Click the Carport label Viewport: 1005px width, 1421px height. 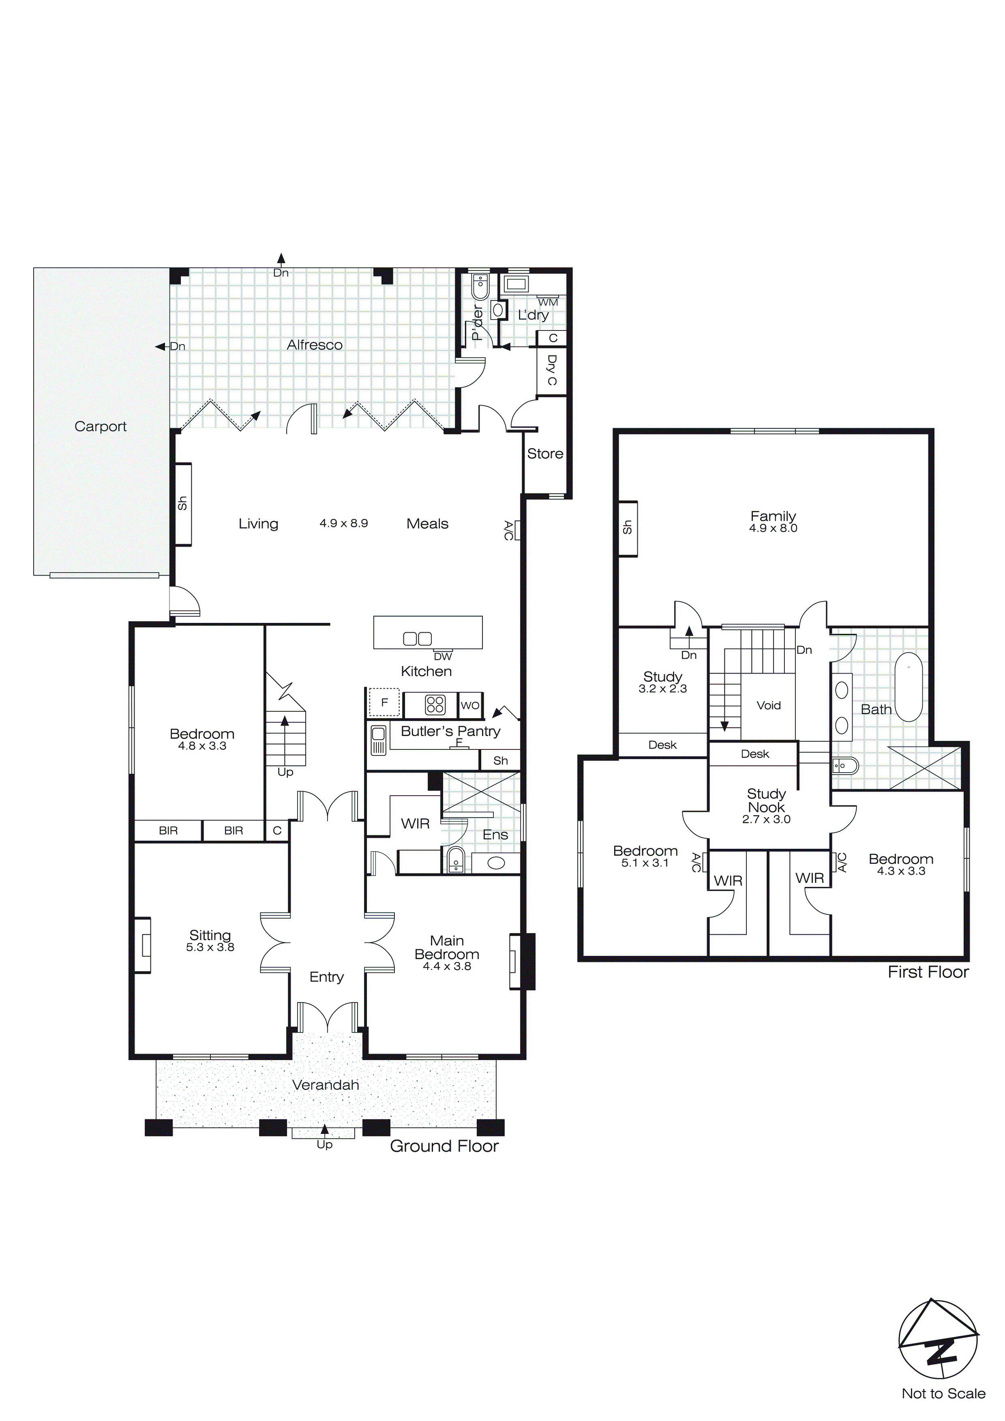[100, 427]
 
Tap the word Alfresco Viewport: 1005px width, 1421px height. [314, 345]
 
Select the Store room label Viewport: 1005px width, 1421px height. [544, 454]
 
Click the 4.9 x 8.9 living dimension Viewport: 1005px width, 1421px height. [343, 523]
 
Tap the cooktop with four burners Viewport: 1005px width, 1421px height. [435, 704]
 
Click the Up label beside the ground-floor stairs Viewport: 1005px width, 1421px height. [285, 773]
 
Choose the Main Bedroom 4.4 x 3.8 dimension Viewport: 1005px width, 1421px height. [447, 966]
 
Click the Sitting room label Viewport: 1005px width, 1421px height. [210, 935]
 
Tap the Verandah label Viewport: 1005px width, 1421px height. [326, 1085]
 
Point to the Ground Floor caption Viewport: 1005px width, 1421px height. [444, 1146]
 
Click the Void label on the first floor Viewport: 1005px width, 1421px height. [769, 706]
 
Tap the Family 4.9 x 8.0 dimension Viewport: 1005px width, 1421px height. [773, 528]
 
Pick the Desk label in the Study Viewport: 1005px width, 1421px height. [662, 745]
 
